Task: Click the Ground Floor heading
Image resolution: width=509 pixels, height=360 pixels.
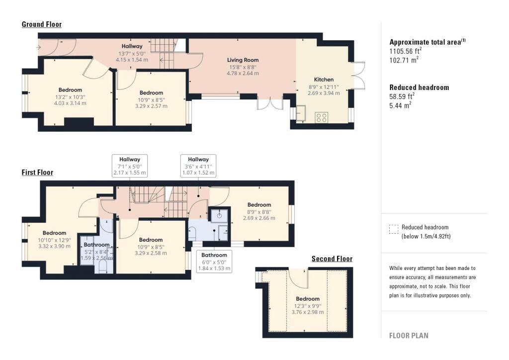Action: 42,24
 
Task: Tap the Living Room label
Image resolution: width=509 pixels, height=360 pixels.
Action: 243,60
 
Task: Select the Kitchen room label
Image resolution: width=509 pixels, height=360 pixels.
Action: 324,79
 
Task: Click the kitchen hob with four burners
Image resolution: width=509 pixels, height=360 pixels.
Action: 322,117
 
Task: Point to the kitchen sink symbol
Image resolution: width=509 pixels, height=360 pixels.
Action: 301,113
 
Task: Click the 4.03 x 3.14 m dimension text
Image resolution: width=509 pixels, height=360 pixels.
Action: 70,103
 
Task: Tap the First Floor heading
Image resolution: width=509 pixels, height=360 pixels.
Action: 37,173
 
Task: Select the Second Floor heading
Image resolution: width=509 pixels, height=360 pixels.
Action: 332,259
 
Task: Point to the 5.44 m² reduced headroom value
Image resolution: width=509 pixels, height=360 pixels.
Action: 400,105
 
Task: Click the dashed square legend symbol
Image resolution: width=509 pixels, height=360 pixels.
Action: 394,229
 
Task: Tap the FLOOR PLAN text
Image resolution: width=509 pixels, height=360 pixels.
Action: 409,336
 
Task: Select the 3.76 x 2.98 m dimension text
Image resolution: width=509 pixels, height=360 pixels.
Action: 307,312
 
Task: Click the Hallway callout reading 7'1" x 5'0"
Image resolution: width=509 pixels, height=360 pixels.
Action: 130,166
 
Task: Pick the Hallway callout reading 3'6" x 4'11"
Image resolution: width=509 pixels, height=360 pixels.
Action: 198,166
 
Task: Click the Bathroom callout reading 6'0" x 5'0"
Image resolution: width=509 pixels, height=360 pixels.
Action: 214,262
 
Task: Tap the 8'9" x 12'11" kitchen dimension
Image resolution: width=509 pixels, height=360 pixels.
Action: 324,87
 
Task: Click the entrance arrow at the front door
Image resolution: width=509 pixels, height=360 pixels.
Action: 39,48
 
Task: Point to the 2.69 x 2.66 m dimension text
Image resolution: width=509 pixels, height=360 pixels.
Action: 259,218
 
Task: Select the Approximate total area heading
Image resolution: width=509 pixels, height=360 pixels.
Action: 427,42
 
